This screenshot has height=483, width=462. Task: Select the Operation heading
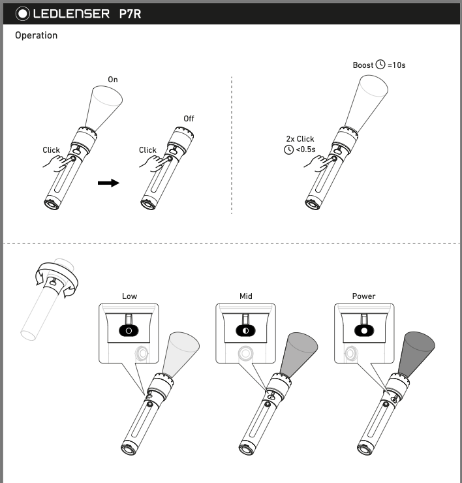click(37, 35)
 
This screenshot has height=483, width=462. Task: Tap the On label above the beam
click(113, 80)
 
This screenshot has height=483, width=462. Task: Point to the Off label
click(189, 119)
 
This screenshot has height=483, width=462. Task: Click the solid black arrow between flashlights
click(108, 183)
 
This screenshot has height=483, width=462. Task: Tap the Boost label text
click(363, 65)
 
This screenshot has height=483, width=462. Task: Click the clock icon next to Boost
click(380, 65)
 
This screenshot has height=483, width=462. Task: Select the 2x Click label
click(300, 139)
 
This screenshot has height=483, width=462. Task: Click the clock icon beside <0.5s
click(288, 150)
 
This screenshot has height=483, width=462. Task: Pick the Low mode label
click(129, 296)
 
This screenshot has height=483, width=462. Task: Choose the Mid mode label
click(245, 296)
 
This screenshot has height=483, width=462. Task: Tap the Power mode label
click(363, 296)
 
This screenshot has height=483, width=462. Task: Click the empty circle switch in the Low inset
click(129, 330)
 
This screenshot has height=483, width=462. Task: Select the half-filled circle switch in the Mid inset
click(246, 330)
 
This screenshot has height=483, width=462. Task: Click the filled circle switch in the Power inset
click(363, 330)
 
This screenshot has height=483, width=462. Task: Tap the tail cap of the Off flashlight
click(148, 203)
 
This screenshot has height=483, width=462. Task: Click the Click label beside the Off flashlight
click(147, 150)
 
